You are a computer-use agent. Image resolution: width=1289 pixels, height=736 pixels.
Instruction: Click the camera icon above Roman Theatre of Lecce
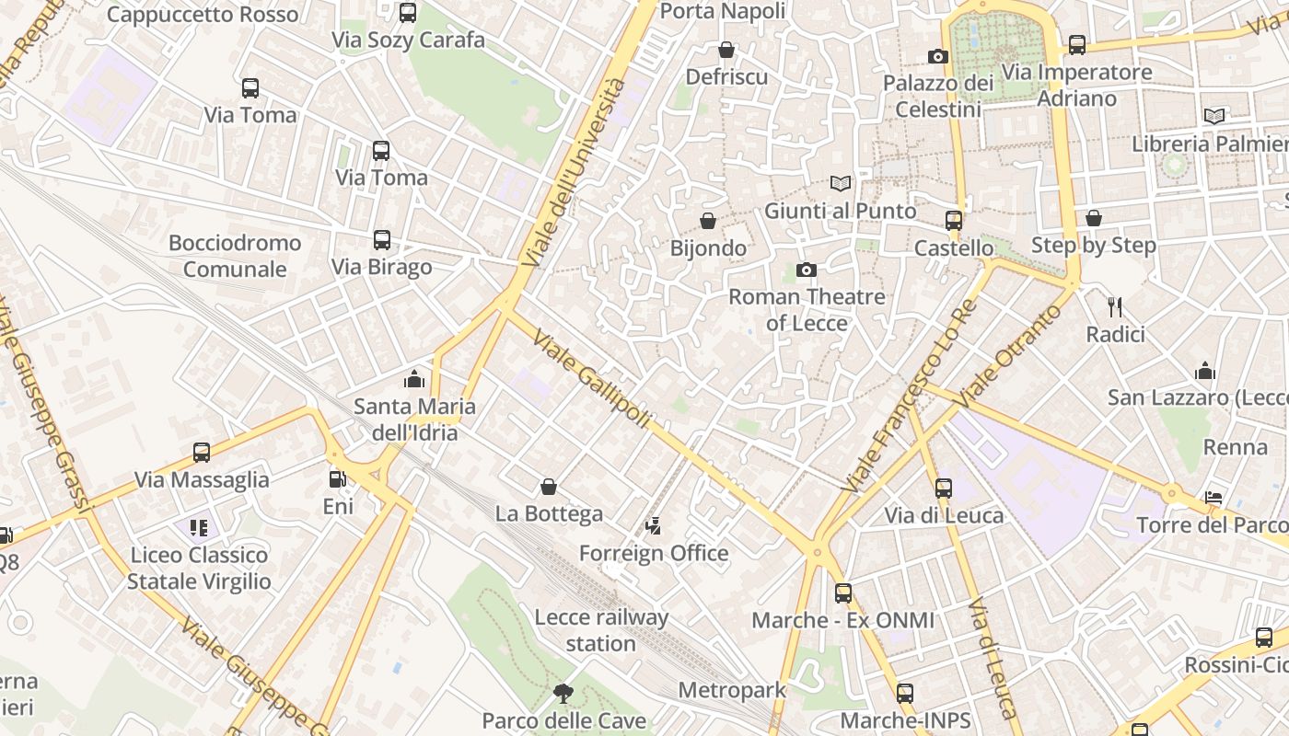807,270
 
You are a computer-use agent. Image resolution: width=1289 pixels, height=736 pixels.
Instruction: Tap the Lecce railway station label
601,630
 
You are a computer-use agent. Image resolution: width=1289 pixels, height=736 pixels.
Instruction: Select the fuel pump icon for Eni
338,479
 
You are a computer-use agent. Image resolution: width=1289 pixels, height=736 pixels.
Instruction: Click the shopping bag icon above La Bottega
549,487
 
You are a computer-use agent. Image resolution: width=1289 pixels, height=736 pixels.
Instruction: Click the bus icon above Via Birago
381,240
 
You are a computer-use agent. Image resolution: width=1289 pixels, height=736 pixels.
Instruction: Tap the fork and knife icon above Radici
1115,307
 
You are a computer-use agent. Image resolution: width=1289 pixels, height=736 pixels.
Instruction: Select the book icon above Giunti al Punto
840,184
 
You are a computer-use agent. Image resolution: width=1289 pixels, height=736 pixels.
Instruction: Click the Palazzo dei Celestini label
938,97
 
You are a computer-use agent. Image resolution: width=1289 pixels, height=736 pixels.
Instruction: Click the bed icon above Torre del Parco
1214,498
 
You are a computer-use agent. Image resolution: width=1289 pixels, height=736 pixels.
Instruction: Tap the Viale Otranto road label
1009,354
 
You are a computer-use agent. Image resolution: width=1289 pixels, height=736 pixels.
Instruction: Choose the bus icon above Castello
954,221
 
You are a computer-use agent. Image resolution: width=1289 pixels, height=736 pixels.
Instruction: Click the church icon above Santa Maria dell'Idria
414,379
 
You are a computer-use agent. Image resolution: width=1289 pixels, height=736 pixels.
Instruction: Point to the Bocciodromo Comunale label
235,256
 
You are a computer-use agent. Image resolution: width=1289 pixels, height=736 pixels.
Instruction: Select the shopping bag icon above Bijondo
708,221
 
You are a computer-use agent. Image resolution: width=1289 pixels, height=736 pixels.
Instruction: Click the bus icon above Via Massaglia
202,453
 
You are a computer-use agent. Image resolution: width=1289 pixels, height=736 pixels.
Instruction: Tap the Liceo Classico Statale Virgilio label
199,568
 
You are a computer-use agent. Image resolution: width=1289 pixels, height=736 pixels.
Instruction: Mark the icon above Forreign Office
653,526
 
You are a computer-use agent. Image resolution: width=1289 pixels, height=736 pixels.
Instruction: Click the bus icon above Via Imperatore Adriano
1076,44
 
